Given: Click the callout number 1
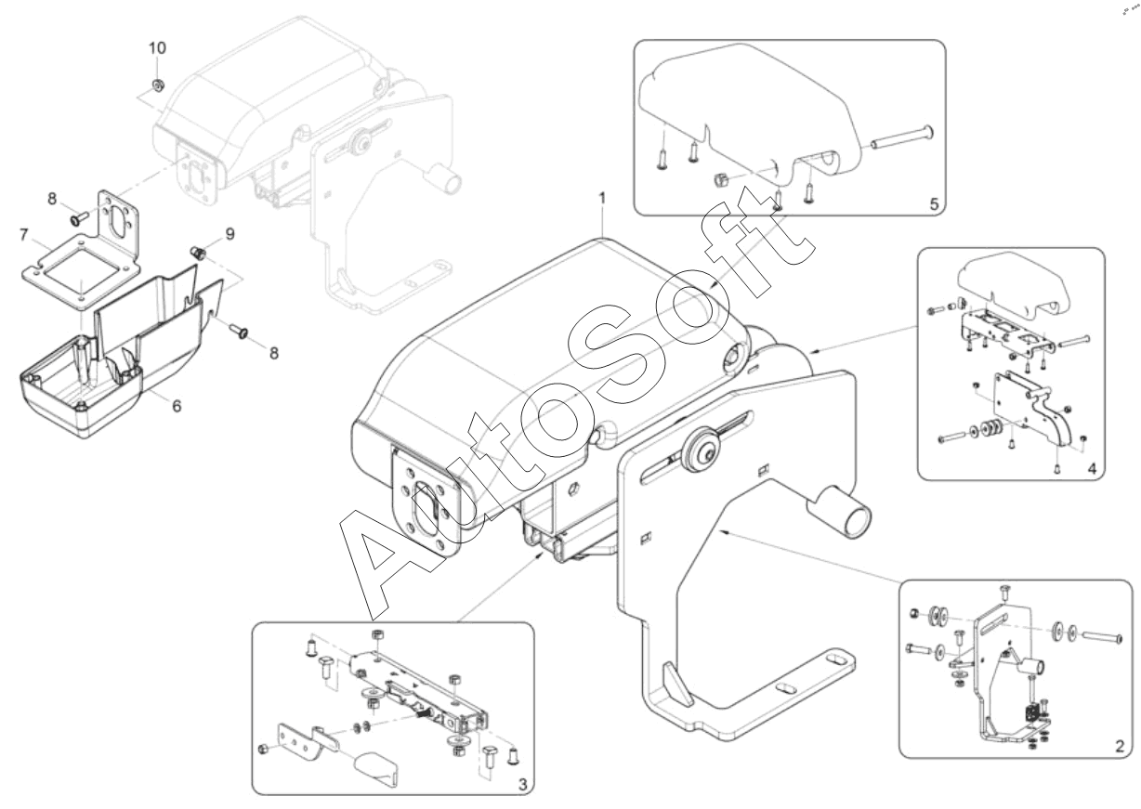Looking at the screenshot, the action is [x=603, y=198].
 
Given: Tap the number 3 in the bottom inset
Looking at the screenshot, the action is [x=523, y=786].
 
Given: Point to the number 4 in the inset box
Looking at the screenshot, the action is [x=1092, y=469].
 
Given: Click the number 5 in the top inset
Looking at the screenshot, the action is [x=934, y=204].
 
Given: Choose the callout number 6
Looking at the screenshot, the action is [x=177, y=406].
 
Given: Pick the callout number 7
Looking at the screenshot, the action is [x=23, y=235].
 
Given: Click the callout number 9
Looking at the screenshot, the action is [x=230, y=234].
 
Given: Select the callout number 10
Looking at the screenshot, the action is [x=157, y=48].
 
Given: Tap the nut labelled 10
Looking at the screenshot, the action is [x=158, y=85].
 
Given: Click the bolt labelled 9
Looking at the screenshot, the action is [x=197, y=253].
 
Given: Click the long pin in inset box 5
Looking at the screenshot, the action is [x=901, y=137].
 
